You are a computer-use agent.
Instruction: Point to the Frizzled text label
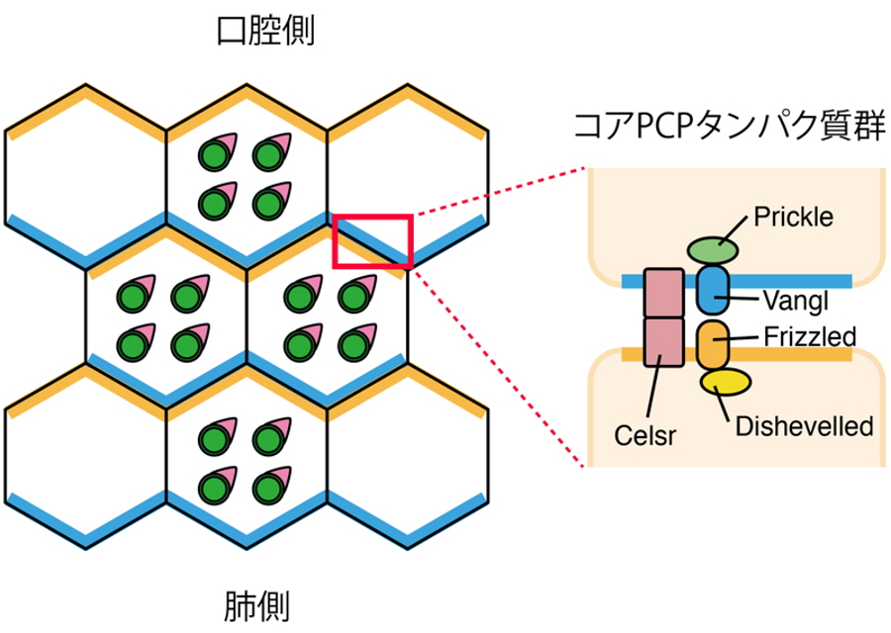tap(810, 336)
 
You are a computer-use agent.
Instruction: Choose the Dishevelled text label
tap(805, 426)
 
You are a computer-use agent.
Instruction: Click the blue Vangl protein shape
tap(712, 288)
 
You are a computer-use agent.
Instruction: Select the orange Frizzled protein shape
tap(712, 344)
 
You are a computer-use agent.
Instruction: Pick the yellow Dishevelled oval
tap(726, 383)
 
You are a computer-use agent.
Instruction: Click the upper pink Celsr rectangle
tap(663, 292)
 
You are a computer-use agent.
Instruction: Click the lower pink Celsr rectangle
tap(663, 341)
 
